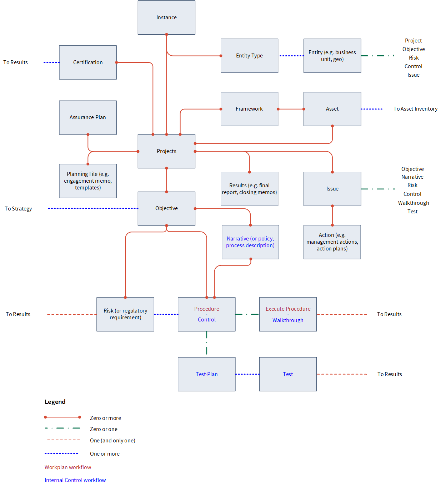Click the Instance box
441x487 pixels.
click(x=166, y=17)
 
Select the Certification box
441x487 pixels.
click(x=88, y=62)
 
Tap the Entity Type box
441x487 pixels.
click(x=249, y=56)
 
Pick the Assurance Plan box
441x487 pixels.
click(x=88, y=117)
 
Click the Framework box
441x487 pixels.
click(x=249, y=109)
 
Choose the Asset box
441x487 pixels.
click(x=332, y=109)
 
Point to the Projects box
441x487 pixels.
click(x=166, y=151)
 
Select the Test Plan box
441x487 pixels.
click(x=206, y=374)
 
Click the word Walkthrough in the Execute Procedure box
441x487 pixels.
click(x=288, y=320)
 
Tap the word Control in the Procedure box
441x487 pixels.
click(x=206, y=319)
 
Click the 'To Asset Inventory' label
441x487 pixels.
click(x=415, y=109)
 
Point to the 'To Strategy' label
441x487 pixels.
click(x=18, y=209)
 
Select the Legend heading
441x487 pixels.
click(x=55, y=402)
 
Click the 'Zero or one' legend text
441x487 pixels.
click(x=104, y=429)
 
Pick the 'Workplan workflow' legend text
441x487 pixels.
click(x=68, y=467)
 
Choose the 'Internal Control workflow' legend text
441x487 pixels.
click(x=75, y=480)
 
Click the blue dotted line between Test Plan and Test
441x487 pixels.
click(x=247, y=374)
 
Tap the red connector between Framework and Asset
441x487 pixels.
click(x=291, y=109)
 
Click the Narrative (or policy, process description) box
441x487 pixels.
click(x=250, y=242)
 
